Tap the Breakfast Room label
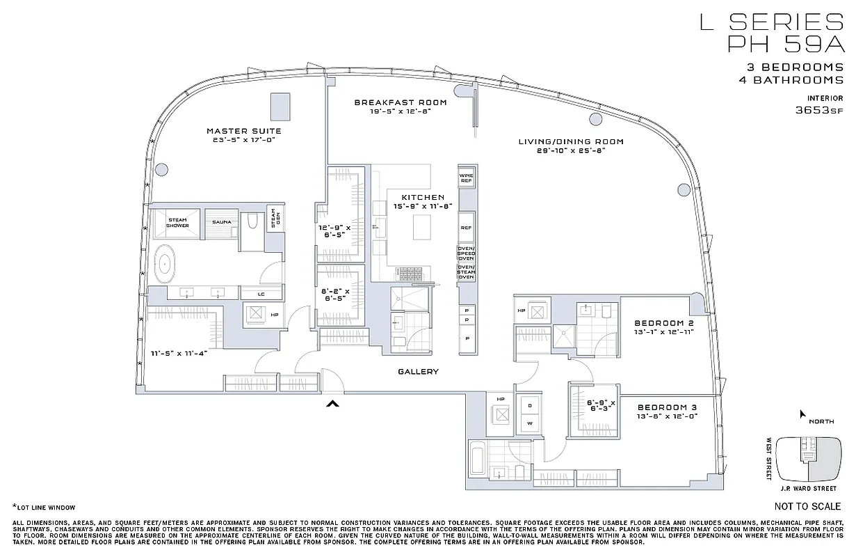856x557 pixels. [401, 102]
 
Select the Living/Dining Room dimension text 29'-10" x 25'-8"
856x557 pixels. [571, 150]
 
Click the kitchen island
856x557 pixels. [422, 227]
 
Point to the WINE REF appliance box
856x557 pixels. [466, 178]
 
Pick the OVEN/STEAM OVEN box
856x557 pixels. [466, 272]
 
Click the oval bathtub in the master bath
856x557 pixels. [165, 264]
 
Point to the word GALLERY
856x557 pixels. [418, 372]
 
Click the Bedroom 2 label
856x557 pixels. [664, 323]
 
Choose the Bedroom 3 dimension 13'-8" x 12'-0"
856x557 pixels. [667, 416]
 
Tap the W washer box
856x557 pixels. [529, 423]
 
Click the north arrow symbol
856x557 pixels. [802, 415]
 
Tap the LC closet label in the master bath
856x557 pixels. [261, 294]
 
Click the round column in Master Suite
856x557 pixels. [161, 168]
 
